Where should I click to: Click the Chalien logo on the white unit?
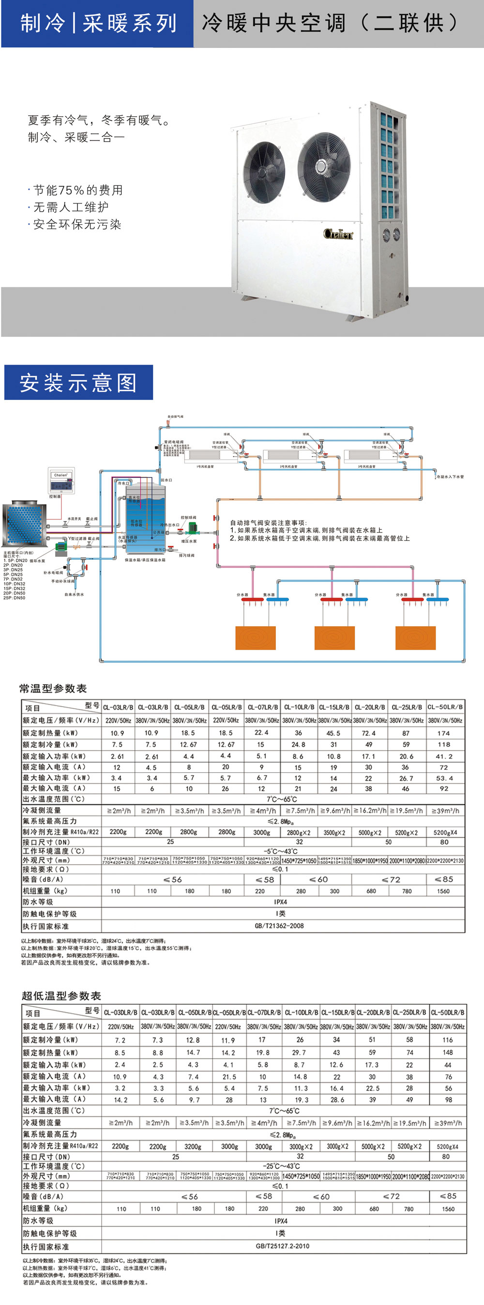point(338,233)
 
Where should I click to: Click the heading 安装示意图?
point(78,383)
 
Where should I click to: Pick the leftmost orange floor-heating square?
point(256,638)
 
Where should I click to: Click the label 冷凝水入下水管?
point(450,476)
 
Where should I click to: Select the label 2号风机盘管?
point(289,466)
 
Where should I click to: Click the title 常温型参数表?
point(53,689)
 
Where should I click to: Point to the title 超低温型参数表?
point(61,996)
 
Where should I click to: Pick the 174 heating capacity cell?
point(443,733)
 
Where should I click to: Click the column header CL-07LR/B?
point(262,707)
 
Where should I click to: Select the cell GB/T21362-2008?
point(279,925)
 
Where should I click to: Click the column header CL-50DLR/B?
point(448,1012)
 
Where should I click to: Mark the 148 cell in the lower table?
point(448,1052)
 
